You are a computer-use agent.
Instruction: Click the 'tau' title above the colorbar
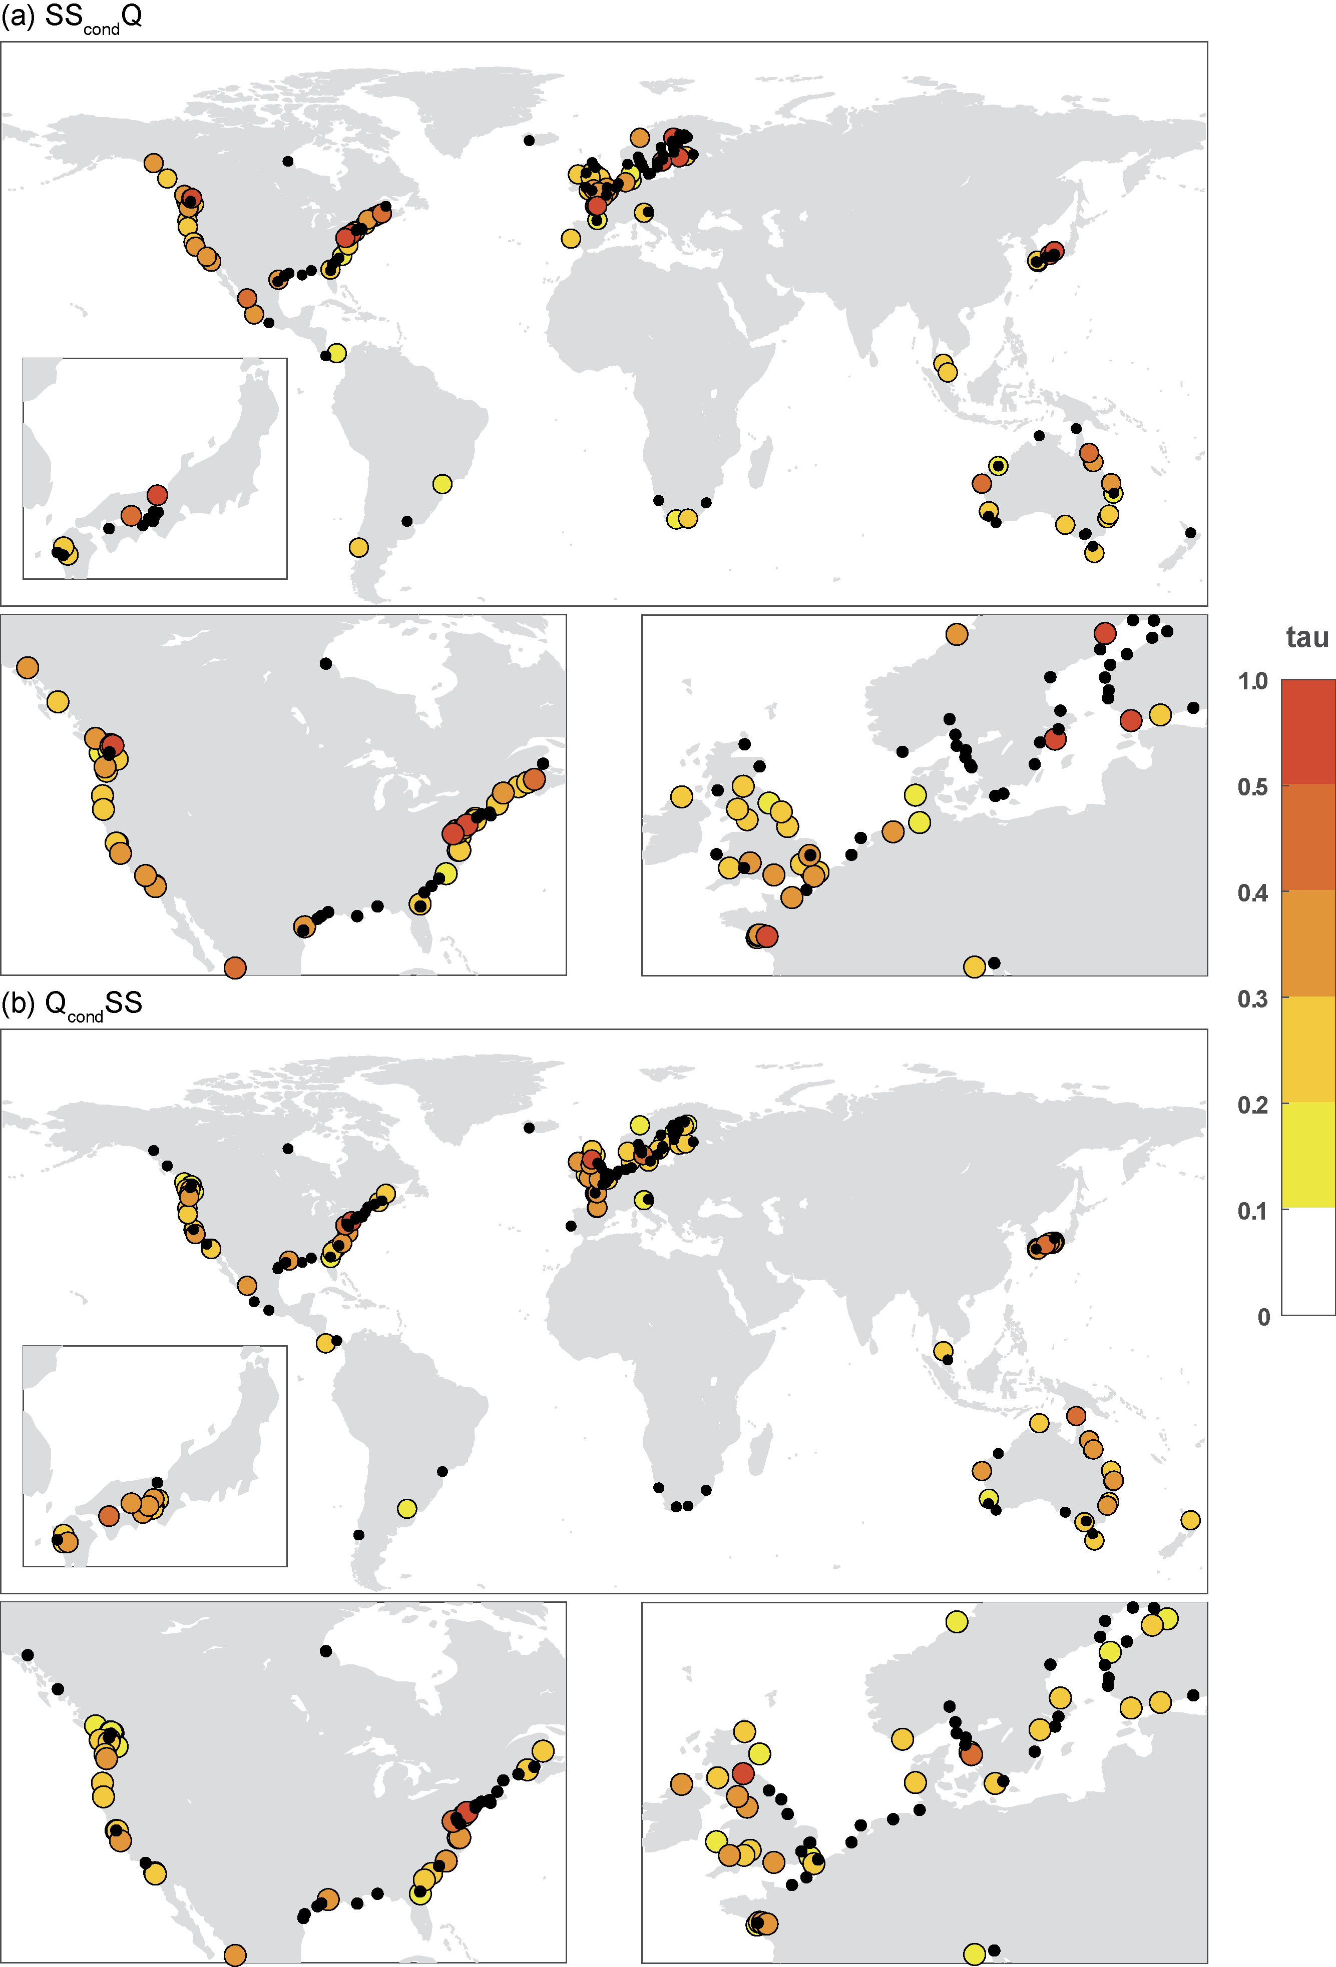coord(1306,637)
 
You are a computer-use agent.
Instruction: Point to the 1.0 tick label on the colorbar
coord(1252,681)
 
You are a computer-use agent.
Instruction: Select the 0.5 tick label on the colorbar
coord(1252,787)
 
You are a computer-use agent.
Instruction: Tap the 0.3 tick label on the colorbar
coord(1252,1000)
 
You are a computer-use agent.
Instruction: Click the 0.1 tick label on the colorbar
coord(1252,1211)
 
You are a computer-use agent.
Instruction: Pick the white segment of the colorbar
coord(1308,1261)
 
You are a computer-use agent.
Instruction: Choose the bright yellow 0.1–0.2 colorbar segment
coord(1308,1155)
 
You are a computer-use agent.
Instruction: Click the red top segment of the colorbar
coord(1308,732)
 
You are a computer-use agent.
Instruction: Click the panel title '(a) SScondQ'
coord(72,17)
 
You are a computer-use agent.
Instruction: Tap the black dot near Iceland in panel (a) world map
coord(529,141)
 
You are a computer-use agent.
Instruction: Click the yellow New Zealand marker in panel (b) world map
coord(1190,1520)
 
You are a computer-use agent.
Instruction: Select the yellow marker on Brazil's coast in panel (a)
coord(442,484)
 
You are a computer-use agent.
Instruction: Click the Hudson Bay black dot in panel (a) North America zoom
coord(326,663)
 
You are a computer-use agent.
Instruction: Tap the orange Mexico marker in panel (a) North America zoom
coord(235,967)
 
